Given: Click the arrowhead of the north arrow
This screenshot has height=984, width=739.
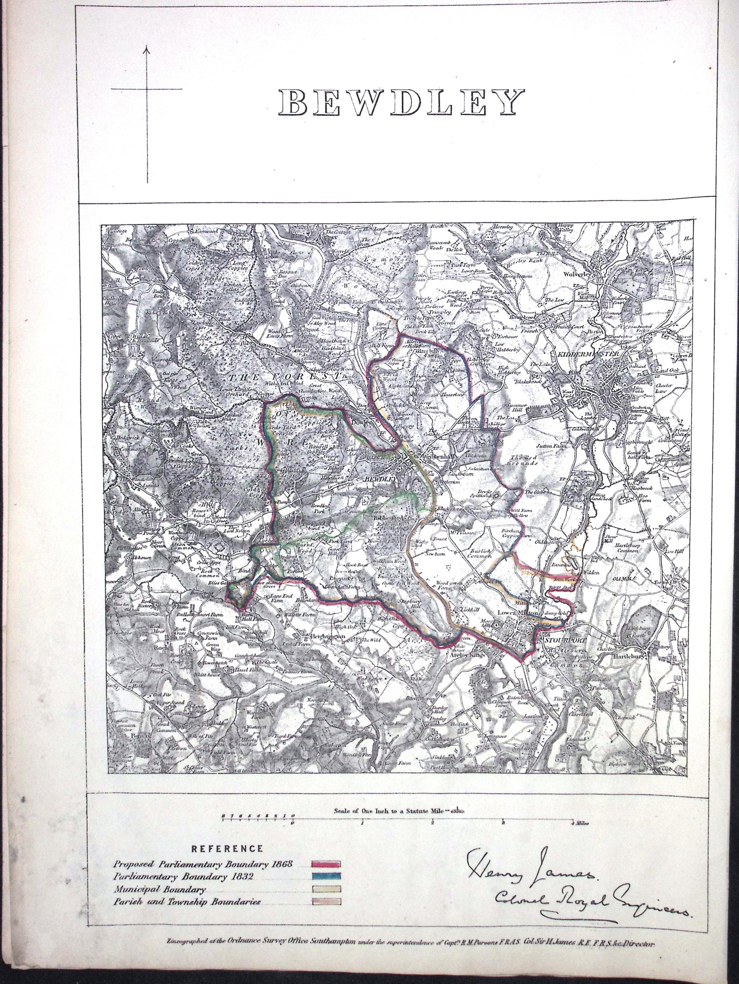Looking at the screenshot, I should click(x=147, y=48).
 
